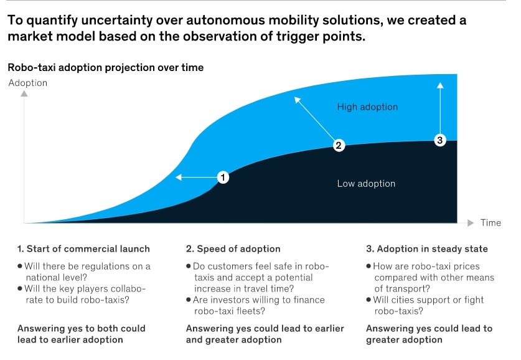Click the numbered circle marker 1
223,178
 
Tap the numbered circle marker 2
339,145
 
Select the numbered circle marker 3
440,140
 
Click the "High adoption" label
367,107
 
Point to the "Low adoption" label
366,184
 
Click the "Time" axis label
490,223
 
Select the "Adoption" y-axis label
28,83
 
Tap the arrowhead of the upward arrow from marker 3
440,85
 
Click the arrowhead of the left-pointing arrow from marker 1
179,177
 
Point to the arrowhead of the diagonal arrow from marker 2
297,100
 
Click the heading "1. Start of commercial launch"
83,249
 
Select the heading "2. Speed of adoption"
233,249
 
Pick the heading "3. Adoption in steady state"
427,249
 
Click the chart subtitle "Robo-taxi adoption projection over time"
106,67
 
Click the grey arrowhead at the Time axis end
471,223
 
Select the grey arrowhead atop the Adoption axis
24,93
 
